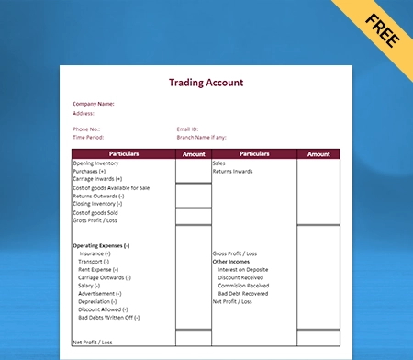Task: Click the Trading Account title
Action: [206, 82]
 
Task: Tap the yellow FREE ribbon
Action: [381, 27]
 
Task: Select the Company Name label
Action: [94, 104]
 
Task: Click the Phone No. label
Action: [87, 129]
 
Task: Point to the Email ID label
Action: [188, 129]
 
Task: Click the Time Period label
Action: [89, 137]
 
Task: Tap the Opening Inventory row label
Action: [95, 163]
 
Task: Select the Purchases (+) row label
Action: [89, 171]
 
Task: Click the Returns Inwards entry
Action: [233, 171]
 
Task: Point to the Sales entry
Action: [219, 163]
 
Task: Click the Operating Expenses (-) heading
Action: [101, 245]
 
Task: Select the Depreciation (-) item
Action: [98, 301]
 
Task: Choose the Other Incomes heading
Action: [232, 261]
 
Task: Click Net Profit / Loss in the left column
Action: [92, 342]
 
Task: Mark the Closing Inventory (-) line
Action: [97, 203]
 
